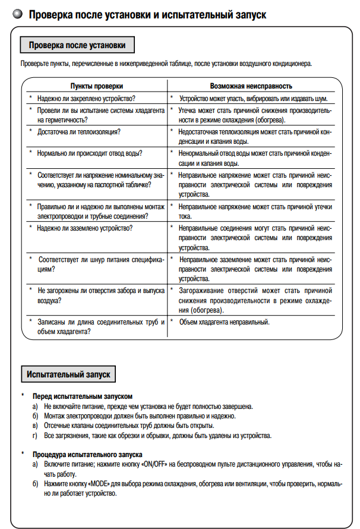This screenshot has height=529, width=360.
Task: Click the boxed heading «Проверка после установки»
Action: [x=77, y=45]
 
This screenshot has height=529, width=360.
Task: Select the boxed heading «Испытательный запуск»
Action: [x=69, y=374]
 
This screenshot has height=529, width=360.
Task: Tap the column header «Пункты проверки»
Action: [x=97, y=87]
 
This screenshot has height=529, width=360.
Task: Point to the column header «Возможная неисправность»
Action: [x=251, y=87]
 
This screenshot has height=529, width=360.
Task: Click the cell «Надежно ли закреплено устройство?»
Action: [x=87, y=98]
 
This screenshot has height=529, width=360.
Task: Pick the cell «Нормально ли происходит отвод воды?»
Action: [x=90, y=153]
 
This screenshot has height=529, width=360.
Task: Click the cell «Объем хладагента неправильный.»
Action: [x=225, y=322]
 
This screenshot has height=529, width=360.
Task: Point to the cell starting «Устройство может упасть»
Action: [x=253, y=98]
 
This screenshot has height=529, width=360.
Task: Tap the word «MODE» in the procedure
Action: [x=99, y=484]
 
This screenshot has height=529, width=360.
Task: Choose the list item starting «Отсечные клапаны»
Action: [x=128, y=426]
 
